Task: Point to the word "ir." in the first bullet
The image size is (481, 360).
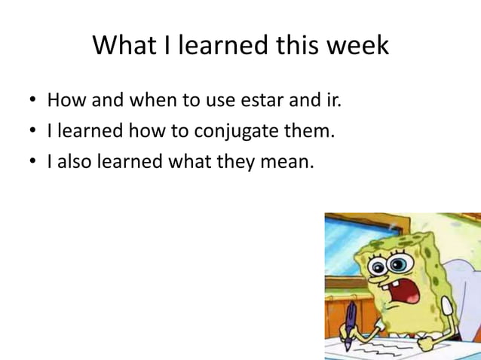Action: coord(332,99)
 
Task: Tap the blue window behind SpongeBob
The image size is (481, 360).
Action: coord(347,241)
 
